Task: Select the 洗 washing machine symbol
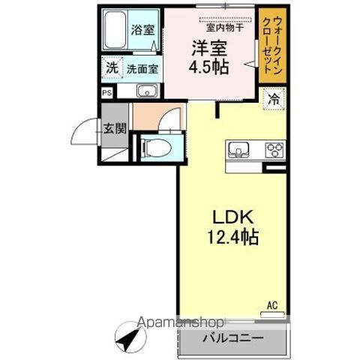[111, 66]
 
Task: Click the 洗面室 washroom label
[141, 67]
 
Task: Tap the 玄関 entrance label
[115, 128]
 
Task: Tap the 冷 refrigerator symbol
[275, 98]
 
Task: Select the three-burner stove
[272, 148]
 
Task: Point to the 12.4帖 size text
[232, 239]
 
